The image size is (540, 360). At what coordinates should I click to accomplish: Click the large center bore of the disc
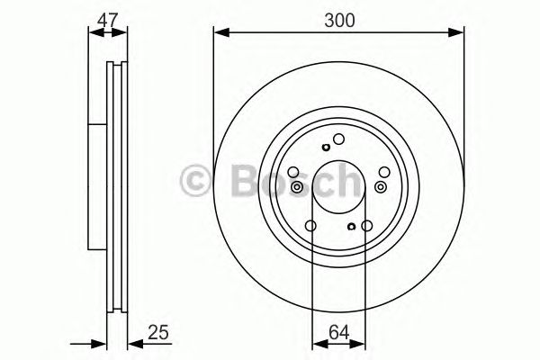tap(338, 185)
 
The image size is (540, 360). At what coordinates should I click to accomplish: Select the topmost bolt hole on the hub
tap(339, 139)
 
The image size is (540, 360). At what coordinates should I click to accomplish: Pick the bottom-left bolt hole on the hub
tap(310, 226)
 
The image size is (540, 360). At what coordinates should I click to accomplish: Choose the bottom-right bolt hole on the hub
tap(368, 226)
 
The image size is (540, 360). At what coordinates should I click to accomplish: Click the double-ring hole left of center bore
tap(296, 185)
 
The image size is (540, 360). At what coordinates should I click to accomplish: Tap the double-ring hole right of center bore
tap(382, 185)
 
